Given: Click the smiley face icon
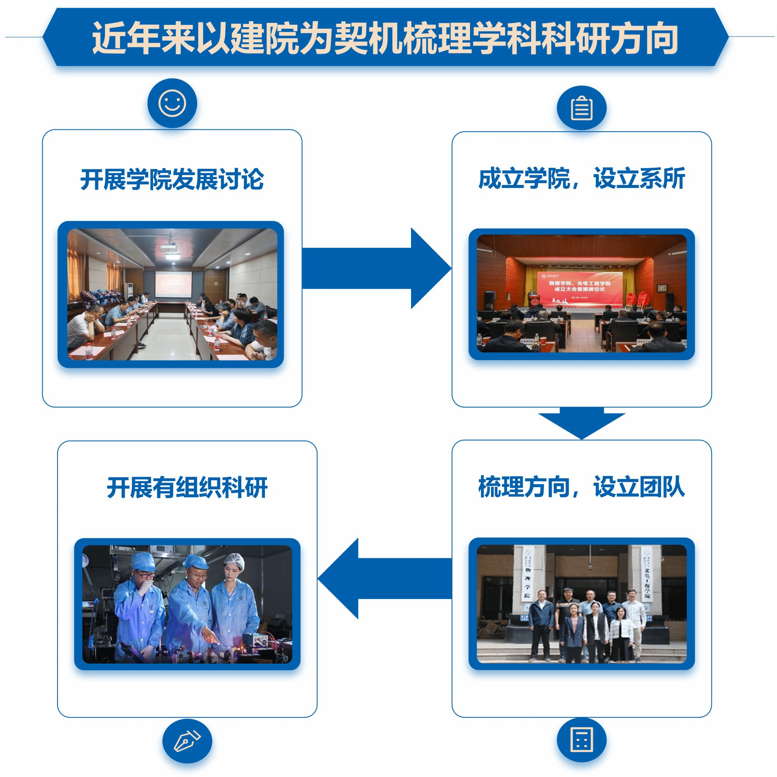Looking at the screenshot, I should (x=172, y=103).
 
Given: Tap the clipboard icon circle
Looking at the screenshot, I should (x=582, y=108).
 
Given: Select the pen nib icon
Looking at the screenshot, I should (x=187, y=741).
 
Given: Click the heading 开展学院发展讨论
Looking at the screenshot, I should (x=172, y=179).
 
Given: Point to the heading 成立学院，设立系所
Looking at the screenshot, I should (x=582, y=179).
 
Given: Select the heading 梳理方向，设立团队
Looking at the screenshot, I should (x=582, y=487).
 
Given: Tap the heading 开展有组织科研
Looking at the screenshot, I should (x=187, y=488).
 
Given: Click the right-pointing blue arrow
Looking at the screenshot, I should (x=376, y=268).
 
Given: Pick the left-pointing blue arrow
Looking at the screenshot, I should (x=384, y=578).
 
